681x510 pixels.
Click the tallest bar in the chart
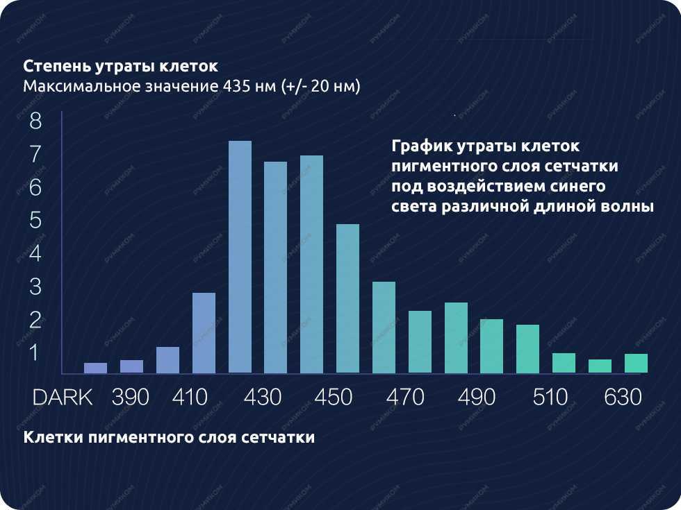[x=240, y=257]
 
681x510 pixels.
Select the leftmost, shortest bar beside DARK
[x=96, y=368]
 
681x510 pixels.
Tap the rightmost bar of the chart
[x=636, y=363]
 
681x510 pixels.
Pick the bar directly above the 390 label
[x=131, y=366]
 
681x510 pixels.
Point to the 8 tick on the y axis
[x=35, y=121]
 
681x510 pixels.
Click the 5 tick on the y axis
[x=35, y=221]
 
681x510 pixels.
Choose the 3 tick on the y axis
[x=35, y=287]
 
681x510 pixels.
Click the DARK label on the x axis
[x=63, y=398]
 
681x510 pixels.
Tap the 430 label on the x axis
[x=262, y=398]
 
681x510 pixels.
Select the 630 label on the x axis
[x=623, y=398]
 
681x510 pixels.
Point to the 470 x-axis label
[x=405, y=398]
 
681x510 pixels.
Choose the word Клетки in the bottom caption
[x=50, y=438]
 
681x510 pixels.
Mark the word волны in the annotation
[x=628, y=207]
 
